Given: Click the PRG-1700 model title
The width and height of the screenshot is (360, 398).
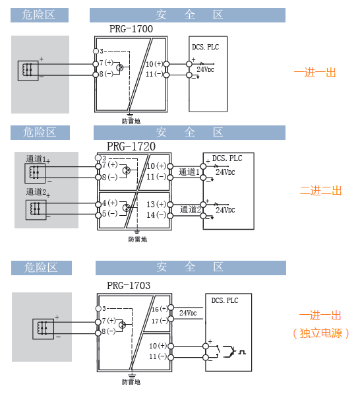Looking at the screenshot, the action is click(x=131, y=29).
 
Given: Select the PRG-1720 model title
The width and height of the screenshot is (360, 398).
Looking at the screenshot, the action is click(x=131, y=147).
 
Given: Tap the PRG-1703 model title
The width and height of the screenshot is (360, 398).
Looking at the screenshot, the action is click(x=129, y=286).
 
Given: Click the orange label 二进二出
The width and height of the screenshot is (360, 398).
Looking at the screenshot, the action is click(x=320, y=191).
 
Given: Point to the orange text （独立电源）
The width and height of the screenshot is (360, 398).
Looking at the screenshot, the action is click(x=320, y=333).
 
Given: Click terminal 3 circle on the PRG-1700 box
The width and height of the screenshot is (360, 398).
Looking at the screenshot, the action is click(x=96, y=51).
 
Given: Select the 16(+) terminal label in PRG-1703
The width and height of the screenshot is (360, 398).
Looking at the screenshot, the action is click(x=159, y=309).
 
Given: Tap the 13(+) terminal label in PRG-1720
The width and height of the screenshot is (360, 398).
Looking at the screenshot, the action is click(x=156, y=205).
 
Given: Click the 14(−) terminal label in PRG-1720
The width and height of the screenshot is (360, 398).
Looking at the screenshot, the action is click(x=156, y=215).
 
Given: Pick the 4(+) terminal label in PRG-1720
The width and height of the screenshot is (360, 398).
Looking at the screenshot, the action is click(x=109, y=203).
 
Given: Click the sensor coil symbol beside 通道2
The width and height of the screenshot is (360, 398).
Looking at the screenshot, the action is click(x=36, y=210).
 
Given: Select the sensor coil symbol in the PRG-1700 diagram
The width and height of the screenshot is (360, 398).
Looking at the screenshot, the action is click(x=28, y=71).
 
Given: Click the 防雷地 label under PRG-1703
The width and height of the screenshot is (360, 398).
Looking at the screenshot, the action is click(x=131, y=381).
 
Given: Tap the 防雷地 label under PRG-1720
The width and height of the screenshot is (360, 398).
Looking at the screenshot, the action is click(x=137, y=239).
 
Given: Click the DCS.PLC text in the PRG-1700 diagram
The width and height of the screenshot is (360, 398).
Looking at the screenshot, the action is click(x=205, y=47).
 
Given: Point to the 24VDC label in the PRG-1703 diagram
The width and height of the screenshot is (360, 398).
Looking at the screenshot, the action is click(x=188, y=313).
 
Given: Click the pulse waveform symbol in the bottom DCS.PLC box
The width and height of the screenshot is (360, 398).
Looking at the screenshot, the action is click(x=242, y=352).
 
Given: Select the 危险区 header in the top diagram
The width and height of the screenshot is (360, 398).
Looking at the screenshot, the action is click(x=40, y=15).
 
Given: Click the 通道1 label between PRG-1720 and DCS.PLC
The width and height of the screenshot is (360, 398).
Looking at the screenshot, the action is click(x=189, y=172).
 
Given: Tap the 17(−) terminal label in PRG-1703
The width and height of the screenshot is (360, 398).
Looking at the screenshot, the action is click(x=159, y=321).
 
